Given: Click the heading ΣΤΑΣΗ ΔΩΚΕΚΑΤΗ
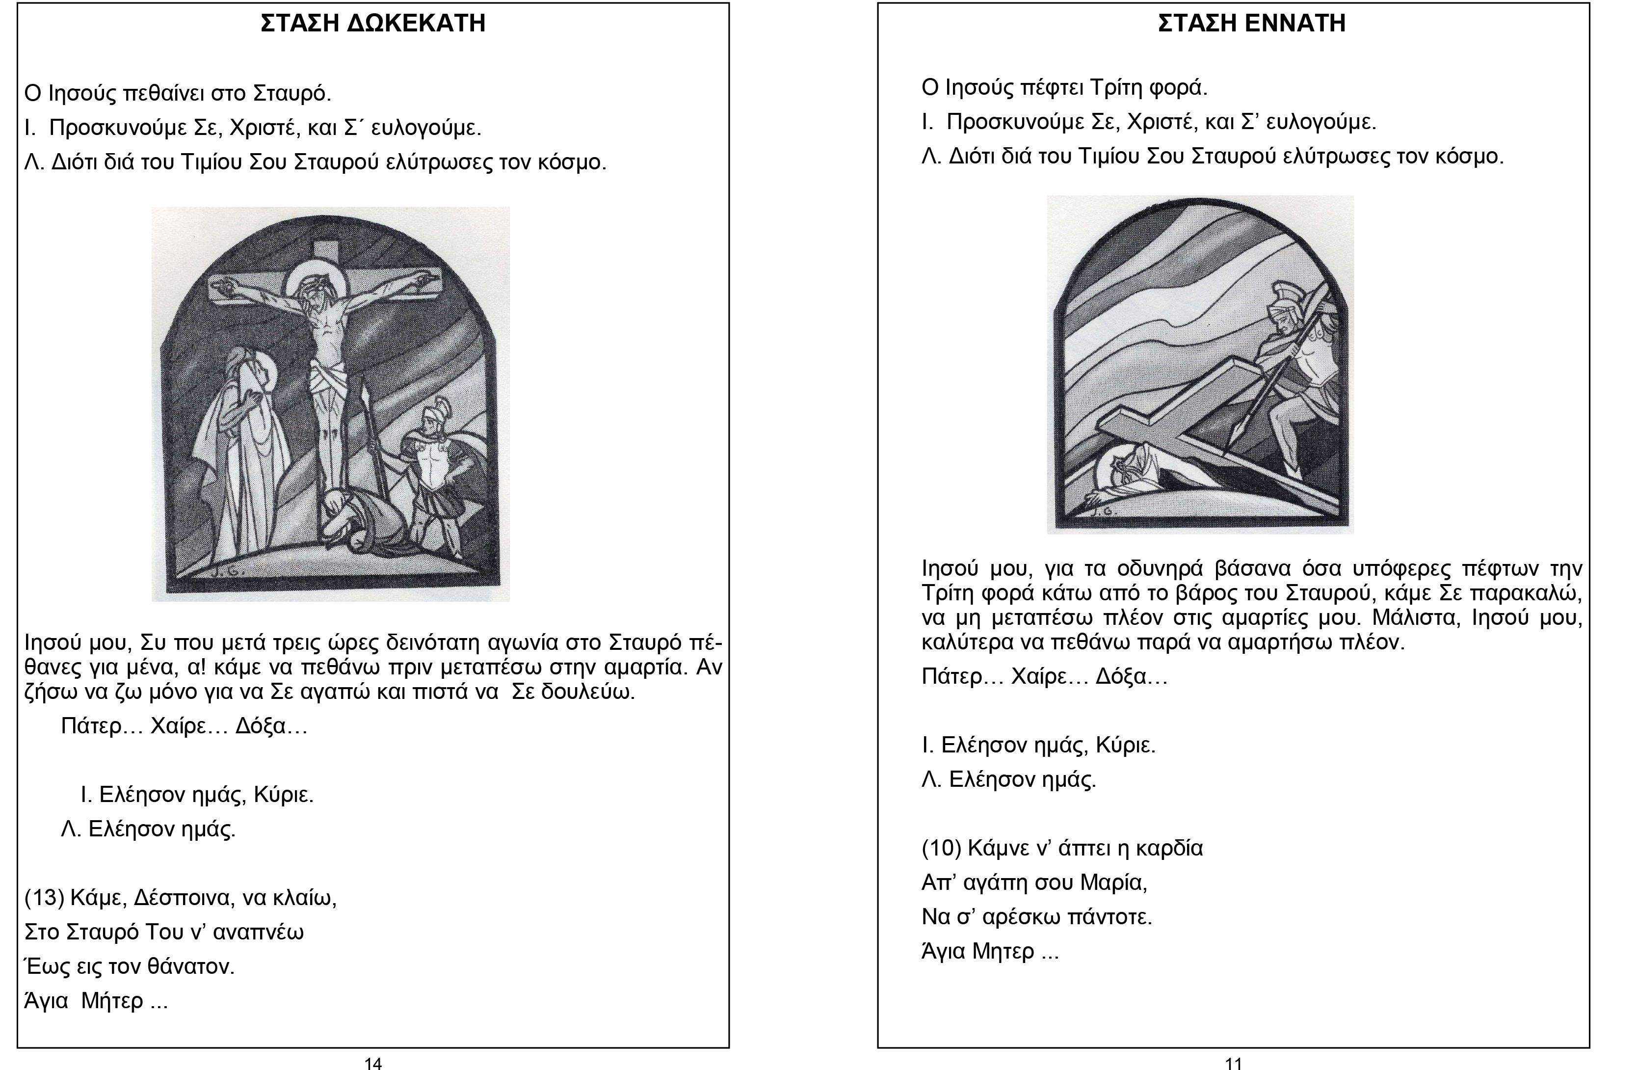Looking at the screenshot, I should [x=373, y=24].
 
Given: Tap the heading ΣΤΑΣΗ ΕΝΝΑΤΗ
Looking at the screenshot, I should [x=1251, y=24].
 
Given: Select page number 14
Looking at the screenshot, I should [x=373, y=1064].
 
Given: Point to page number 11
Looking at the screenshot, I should [x=1234, y=1064].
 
